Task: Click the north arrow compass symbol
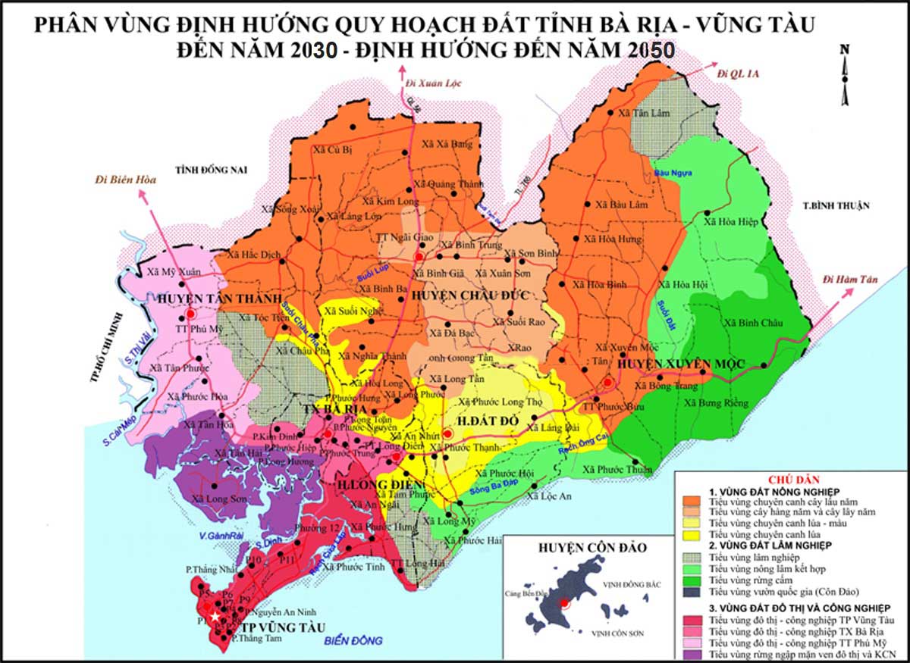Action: (x=845, y=72)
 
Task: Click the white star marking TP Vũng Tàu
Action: (x=215, y=617)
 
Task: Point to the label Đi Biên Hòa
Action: (x=125, y=180)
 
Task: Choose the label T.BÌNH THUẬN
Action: (x=835, y=205)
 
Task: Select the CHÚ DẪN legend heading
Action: (x=789, y=480)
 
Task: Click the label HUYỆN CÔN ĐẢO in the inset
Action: (x=579, y=547)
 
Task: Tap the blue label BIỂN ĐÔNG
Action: (x=353, y=641)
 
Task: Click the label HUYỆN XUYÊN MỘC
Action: (x=670, y=364)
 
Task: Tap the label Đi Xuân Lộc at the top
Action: (x=434, y=83)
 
